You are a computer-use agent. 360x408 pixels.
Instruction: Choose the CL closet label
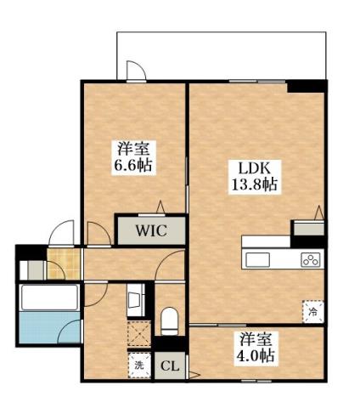tap(171, 367)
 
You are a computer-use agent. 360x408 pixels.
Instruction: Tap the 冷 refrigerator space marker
tap(312, 311)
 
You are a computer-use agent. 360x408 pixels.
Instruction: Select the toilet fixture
tap(168, 320)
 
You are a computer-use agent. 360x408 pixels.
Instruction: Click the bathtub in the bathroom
tap(49, 297)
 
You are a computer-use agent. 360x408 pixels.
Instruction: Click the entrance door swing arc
tap(59, 231)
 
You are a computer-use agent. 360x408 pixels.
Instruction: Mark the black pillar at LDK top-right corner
tap(307, 85)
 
